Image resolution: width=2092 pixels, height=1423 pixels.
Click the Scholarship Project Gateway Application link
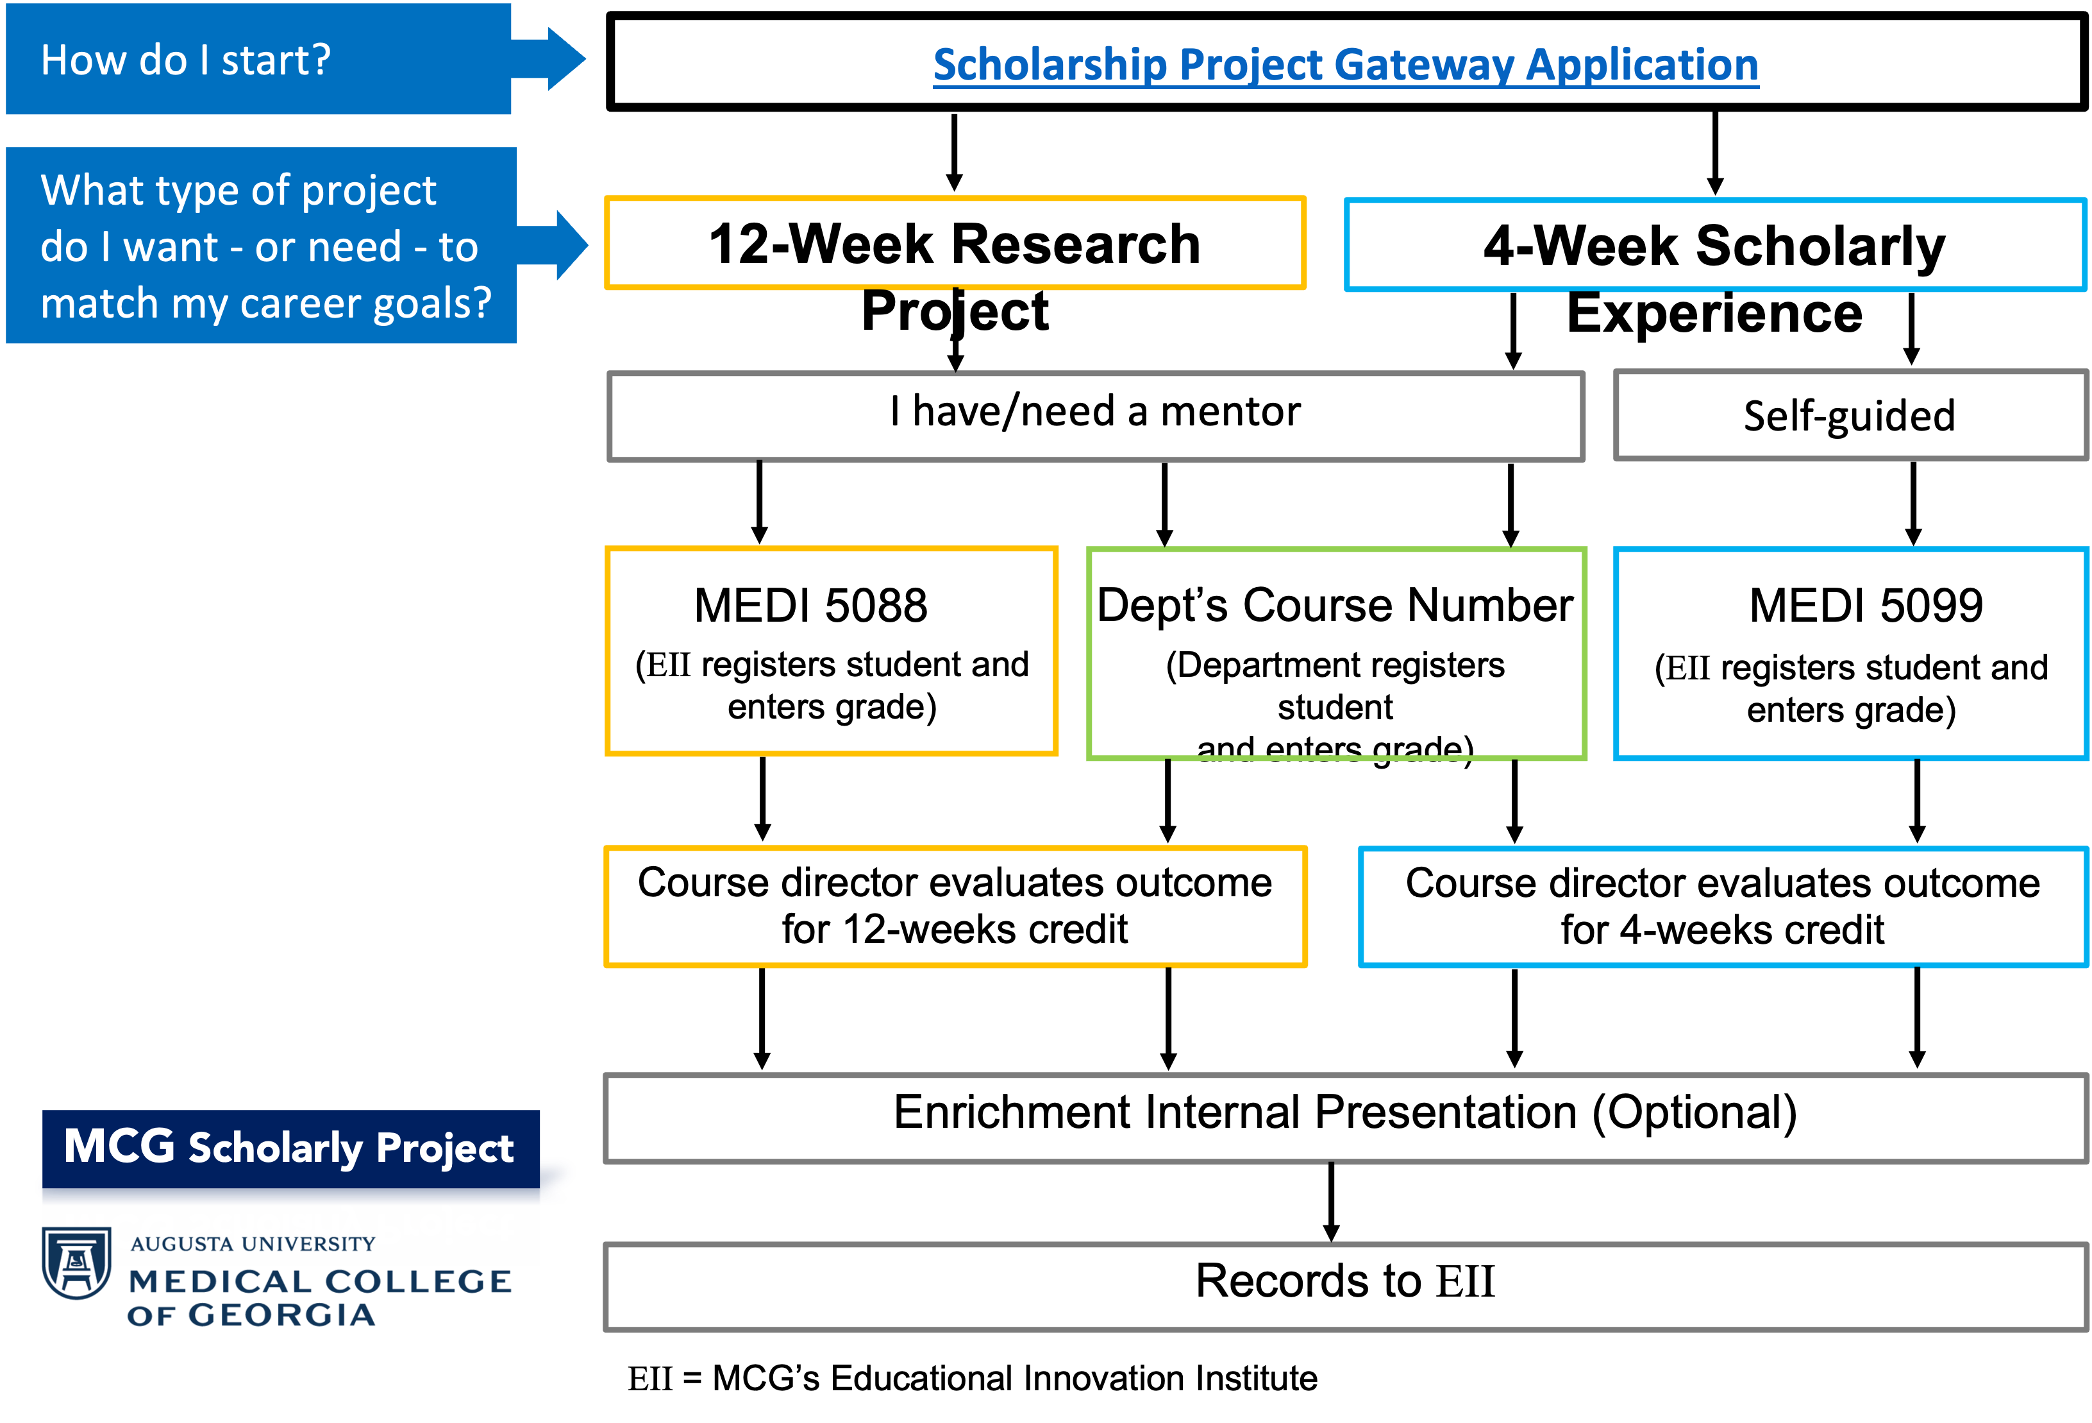[1345, 65]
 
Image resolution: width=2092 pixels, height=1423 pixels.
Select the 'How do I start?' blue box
[258, 60]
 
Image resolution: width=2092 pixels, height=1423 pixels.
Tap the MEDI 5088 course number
[810, 605]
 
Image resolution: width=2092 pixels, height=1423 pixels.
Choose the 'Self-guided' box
[1851, 415]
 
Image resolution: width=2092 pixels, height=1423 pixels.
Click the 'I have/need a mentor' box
[1096, 416]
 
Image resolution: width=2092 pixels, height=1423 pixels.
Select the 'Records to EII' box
[1345, 1287]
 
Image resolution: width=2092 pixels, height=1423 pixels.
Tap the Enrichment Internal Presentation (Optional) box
[1345, 1118]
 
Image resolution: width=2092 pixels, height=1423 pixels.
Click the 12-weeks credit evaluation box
[955, 906]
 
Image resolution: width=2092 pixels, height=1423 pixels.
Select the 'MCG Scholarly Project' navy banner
[291, 1148]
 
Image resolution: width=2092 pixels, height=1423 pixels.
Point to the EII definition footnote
[972, 1378]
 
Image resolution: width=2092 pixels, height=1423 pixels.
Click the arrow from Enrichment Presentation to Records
[1332, 1202]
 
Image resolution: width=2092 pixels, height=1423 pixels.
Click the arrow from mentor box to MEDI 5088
[760, 502]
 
